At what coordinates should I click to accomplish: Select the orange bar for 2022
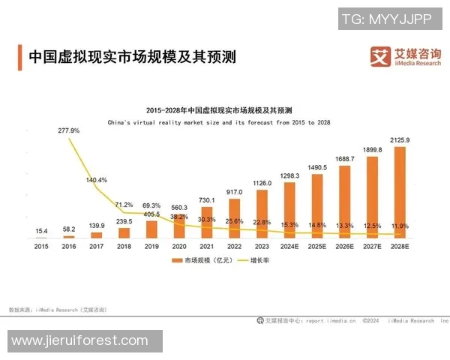click(234, 217)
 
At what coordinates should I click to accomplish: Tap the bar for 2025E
click(316, 205)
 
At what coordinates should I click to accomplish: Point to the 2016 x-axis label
click(68, 245)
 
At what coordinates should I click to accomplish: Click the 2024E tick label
click(289, 245)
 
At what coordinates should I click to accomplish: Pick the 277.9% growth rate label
click(68, 130)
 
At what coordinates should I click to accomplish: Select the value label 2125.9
click(399, 140)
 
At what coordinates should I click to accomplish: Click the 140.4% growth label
click(97, 180)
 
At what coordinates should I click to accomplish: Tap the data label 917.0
click(234, 193)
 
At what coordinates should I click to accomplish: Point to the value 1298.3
click(289, 175)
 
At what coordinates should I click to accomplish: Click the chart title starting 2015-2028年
click(219, 109)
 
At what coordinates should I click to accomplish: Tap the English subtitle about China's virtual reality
click(219, 121)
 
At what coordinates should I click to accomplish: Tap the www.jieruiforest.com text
click(80, 341)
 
